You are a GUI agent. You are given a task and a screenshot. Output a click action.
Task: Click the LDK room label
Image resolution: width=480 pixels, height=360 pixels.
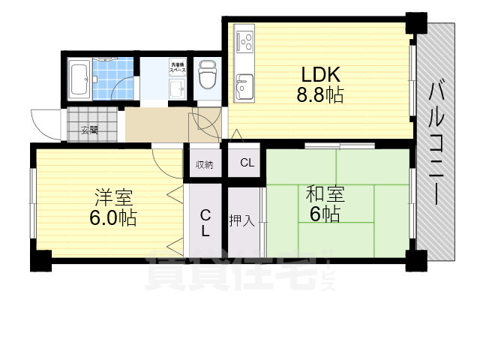pos(321,75)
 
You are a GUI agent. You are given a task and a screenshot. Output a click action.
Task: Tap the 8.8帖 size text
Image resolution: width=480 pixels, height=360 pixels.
pos(321,96)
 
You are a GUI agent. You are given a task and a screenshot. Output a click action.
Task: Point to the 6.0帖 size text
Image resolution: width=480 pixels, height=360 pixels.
pos(113,218)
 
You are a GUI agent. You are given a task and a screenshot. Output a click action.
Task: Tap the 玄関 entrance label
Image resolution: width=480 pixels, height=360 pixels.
pos(88,130)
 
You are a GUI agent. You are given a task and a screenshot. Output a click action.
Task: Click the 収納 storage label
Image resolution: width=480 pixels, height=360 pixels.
pos(204,164)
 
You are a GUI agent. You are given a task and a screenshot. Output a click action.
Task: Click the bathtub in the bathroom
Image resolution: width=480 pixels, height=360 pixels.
pos(79,79)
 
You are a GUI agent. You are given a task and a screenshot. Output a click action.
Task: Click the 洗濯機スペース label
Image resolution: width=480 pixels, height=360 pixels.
pos(178,67)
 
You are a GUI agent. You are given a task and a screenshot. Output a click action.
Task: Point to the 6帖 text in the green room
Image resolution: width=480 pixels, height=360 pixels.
pos(324,214)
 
